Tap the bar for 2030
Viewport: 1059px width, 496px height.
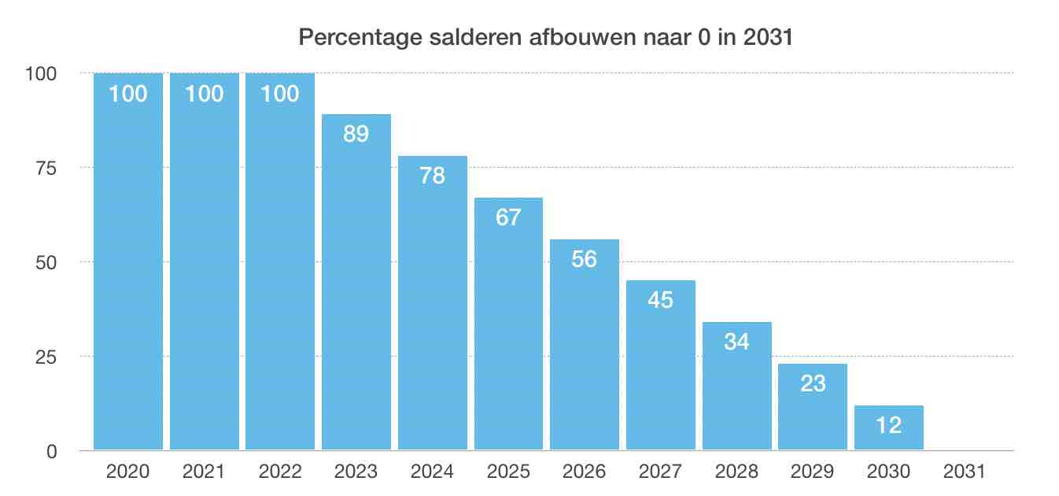[889, 429]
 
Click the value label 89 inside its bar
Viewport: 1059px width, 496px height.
[356, 134]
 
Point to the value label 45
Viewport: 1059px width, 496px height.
[661, 300]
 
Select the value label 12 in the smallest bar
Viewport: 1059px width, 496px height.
[889, 425]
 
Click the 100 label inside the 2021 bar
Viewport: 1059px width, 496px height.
[204, 94]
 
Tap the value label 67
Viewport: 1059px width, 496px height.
[508, 217]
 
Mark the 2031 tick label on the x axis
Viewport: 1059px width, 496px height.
[965, 472]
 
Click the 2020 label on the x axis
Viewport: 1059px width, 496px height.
[127, 472]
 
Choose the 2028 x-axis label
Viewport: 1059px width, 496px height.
[736, 472]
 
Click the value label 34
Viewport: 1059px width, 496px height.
[736, 342]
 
